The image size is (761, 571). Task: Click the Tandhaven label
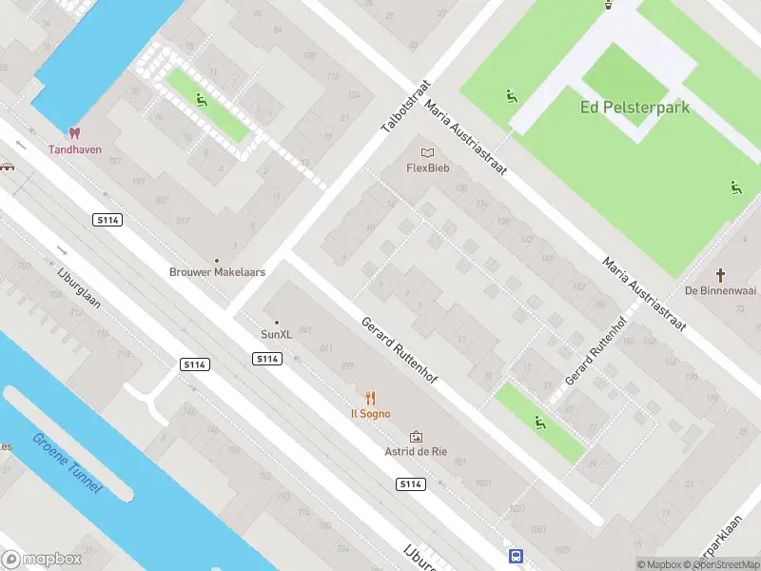[75, 149]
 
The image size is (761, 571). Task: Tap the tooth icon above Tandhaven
[74, 133]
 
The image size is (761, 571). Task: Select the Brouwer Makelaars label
[217, 272]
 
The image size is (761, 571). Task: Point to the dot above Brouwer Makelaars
[217, 260]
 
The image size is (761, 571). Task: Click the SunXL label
[277, 335]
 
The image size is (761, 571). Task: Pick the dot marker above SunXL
[277, 323]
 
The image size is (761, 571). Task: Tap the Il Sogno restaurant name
[370, 414]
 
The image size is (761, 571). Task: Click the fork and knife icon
[370, 399]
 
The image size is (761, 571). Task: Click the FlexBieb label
[427, 168]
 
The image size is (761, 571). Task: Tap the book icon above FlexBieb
[427, 152]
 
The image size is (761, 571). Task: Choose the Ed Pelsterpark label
[634, 108]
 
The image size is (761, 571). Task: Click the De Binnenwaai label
[720, 291]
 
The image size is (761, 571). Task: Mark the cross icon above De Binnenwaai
[720, 276]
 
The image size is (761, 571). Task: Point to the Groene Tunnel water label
[68, 464]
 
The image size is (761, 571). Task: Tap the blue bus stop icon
[515, 556]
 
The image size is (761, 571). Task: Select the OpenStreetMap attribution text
[720, 564]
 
